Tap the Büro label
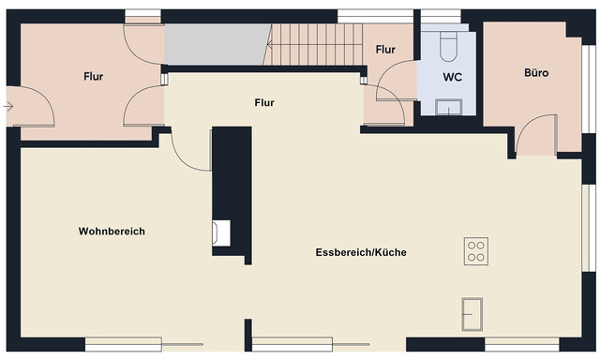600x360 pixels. point(536,72)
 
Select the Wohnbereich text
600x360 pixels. point(112,231)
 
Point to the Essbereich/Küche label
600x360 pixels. point(361,252)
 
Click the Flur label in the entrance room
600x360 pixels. point(93,77)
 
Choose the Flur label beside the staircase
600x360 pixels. point(385,49)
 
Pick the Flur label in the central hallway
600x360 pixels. point(264,102)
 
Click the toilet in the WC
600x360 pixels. point(448,43)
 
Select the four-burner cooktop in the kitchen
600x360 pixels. point(476,250)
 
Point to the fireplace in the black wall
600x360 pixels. point(220,232)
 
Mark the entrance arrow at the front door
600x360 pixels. point(8,107)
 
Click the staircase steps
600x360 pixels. point(315,44)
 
